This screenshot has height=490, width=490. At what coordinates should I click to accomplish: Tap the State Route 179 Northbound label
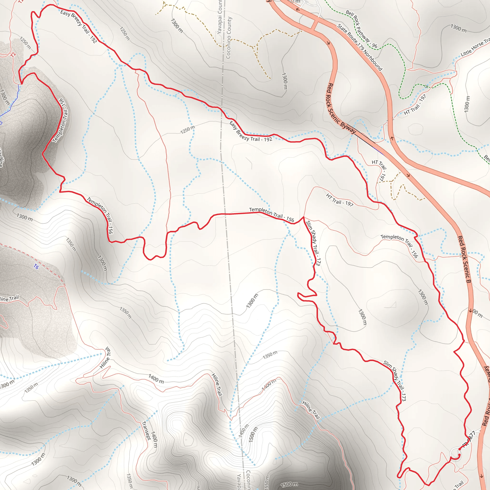360,47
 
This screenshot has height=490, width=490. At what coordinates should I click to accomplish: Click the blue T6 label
36,267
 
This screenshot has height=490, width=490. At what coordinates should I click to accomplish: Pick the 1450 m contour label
243,431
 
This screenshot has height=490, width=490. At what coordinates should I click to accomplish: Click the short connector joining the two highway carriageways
315,25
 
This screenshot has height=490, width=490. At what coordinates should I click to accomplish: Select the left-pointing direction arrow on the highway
298,10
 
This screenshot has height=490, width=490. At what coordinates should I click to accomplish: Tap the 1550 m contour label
267,483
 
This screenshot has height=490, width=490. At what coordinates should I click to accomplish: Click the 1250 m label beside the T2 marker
25,43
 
